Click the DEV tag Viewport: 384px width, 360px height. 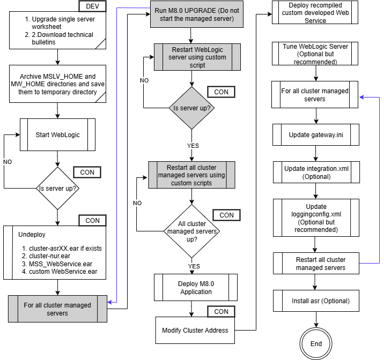point(92,6)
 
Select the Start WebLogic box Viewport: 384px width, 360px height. point(57,134)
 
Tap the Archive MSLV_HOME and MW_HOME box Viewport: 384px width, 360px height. point(57,84)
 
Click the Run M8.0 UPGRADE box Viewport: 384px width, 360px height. point(196,14)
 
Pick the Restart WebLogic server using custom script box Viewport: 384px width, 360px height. point(197,57)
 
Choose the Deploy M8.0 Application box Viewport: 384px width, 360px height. point(196,288)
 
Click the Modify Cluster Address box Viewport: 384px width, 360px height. point(195,330)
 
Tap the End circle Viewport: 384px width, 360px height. point(316,344)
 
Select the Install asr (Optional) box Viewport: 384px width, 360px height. point(320,301)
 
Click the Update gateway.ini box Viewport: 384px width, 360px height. point(316,135)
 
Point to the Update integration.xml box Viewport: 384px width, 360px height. point(316,172)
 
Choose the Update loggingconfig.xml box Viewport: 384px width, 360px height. point(316,218)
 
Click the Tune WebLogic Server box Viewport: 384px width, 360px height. point(315,54)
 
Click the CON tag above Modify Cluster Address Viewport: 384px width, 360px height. point(221,312)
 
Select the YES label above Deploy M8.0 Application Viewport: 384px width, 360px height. point(194,266)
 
